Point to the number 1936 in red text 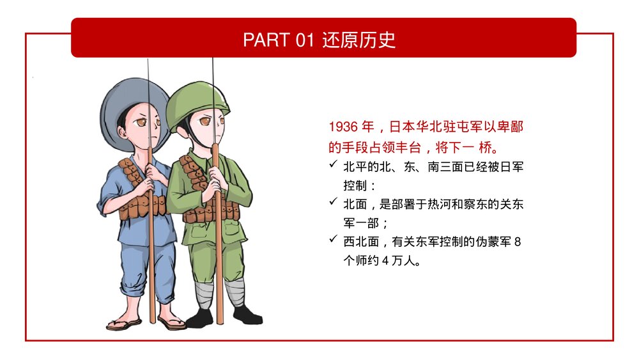(x=343, y=127)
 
